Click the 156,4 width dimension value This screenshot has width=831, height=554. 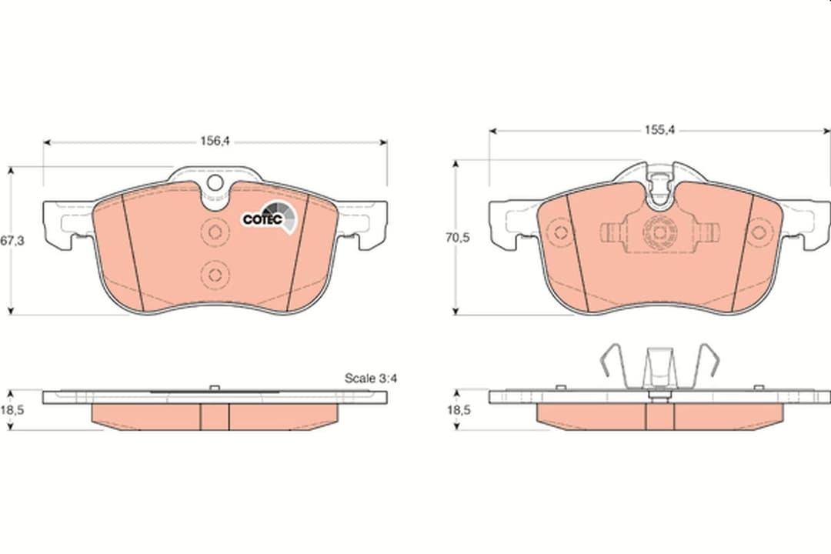click(215, 141)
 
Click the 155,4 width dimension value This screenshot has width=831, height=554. click(659, 130)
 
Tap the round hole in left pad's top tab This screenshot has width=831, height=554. click(215, 183)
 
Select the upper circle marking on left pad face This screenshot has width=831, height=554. click(215, 233)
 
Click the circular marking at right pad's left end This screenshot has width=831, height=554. click(561, 232)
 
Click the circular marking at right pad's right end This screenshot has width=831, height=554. click(760, 232)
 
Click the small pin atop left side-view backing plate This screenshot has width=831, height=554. click(215, 387)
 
